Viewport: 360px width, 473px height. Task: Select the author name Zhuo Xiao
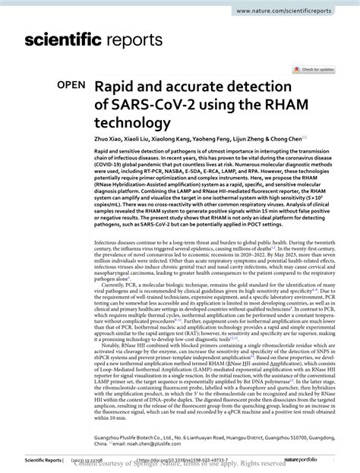109,140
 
